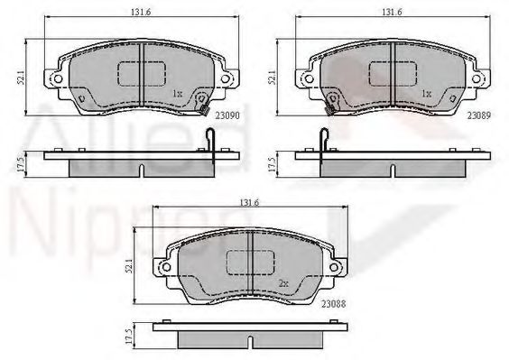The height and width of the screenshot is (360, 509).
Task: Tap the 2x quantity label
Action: point(282,283)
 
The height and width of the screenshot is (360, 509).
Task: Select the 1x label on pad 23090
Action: point(176,93)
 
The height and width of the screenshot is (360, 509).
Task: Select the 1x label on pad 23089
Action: point(426,93)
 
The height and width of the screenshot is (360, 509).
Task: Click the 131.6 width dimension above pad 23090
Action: point(132,13)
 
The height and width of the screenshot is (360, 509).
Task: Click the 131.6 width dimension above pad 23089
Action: point(390,13)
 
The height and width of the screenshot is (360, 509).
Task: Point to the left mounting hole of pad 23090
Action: point(57,78)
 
